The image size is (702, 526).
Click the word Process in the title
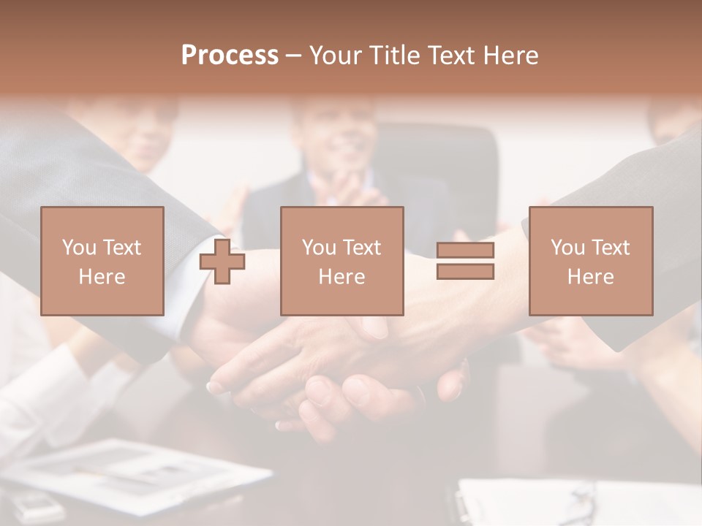pyautogui.click(x=230, y=56)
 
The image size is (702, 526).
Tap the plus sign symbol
pyautogui.click(x=222, y=262)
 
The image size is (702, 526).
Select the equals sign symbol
pyautogui.click(x=465, y=261)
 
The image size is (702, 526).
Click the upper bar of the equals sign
pyautogui.click(x=465, y=251)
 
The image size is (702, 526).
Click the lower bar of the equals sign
pyautogui.click(x=465, y=271)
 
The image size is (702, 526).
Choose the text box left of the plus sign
pyautogui.click(x=102, y=261)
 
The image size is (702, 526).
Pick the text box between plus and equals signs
pyautogui.click(x=342, y=261)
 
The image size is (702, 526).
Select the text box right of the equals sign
pyautogui.click(x=591, y=261)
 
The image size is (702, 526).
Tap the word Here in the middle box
pyautogui.click(x=342, y=277)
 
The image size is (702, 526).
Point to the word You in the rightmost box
pyautogui.click(x=568, y=248)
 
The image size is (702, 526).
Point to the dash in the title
pyautogui.click(x=294, y=56)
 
